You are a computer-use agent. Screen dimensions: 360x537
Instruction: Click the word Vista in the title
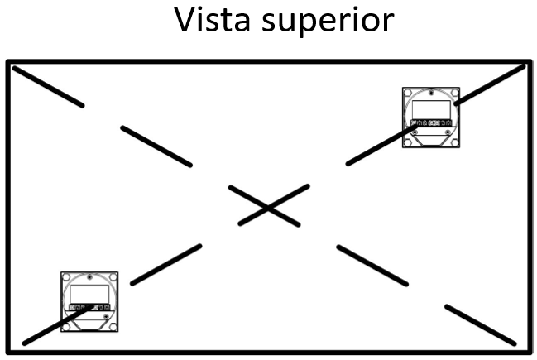point(217,20)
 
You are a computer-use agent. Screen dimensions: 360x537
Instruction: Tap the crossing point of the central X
point(267,206)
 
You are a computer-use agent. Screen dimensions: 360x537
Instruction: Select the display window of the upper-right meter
point(431,109)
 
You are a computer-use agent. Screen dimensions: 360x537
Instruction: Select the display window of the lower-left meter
point(89,292)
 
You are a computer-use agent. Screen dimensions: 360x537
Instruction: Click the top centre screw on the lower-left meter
point(90,276)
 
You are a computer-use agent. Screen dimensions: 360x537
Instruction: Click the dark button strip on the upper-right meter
point(430,123)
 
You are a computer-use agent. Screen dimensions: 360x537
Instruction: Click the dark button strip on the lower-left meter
point(89,307)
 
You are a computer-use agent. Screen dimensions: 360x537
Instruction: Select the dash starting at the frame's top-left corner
point(47,87)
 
